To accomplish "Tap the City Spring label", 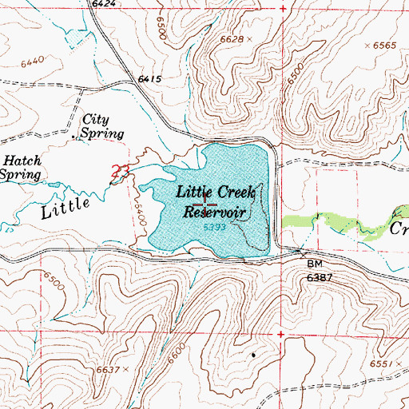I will [103, 126].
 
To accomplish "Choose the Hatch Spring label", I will [19, 167].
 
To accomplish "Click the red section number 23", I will [120, 171].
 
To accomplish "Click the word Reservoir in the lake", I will [213, 212].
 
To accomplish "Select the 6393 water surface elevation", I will [212, 228].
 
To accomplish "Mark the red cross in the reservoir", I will [205, 204].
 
